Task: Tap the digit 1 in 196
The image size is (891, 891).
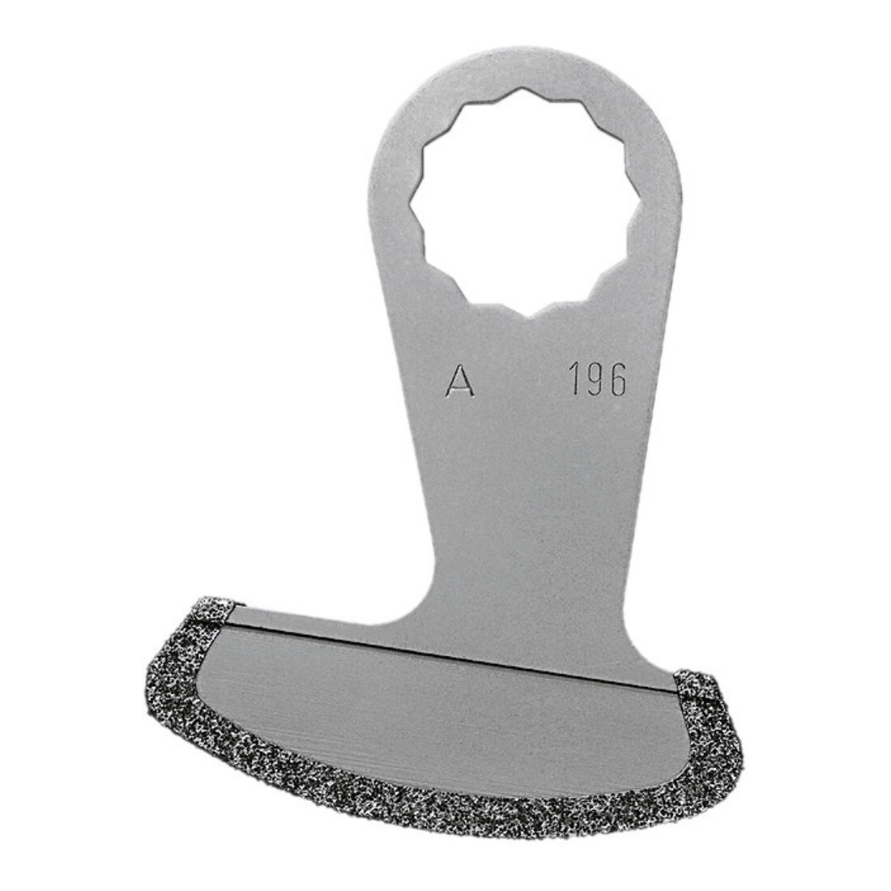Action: click(576, 380)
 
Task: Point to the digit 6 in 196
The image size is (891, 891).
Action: click(617, 380)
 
